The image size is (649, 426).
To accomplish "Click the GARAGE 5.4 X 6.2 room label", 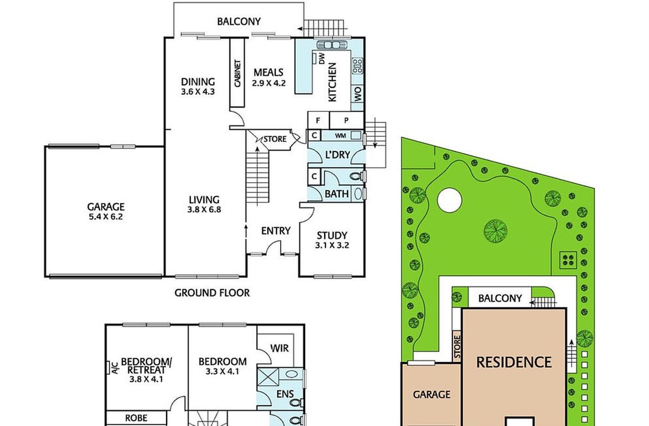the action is pos(106,211).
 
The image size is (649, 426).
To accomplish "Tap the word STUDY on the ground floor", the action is pos(332,235).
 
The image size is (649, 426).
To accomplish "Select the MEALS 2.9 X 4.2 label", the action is pos(268,77).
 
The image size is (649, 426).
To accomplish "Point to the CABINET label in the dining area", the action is pos(237,73).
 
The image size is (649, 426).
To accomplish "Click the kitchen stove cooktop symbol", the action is pos(357,66).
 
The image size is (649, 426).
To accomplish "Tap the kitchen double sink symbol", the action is pos(332,45).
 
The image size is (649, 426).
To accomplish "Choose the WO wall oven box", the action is pos(358,94).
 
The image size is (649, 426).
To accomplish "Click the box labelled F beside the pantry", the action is pos(318,120).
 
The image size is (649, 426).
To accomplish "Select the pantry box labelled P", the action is pos(347,120).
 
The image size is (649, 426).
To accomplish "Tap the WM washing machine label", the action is pos(340,136).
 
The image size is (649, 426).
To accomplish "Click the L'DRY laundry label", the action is pos(338,155).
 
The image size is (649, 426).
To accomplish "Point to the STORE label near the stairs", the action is pos(275,139).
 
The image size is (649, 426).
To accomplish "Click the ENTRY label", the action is pos(276,231).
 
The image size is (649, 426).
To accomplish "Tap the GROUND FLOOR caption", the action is pos(212,293).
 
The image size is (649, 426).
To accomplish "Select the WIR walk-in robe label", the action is pos(280,348).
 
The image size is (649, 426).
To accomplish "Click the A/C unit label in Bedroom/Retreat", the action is pos(115,368).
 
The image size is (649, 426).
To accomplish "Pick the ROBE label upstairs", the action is pos(136,418).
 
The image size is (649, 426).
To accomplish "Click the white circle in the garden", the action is pos(449,200).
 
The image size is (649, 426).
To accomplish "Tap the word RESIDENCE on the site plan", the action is pos(514,362).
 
